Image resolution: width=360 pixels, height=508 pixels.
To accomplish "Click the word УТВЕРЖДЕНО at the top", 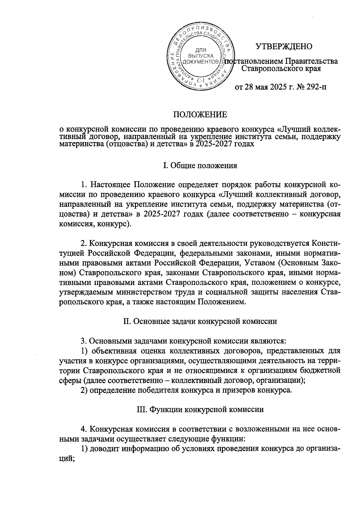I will (x=284, y=46).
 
